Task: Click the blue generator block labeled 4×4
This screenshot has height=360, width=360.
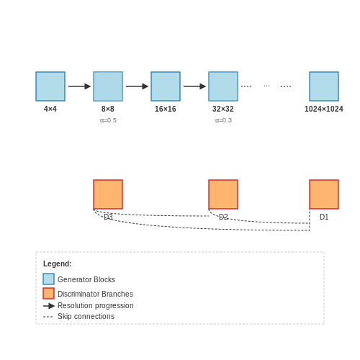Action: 50,86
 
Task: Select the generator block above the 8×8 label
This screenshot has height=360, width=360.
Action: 108,86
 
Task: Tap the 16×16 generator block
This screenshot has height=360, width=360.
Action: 166,86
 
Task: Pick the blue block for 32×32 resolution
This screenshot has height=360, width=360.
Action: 223,86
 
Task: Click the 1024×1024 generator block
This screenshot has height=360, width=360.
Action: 324,86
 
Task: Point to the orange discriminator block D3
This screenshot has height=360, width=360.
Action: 108,194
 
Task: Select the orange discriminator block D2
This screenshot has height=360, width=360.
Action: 223,194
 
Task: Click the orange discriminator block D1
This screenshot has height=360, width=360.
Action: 324,194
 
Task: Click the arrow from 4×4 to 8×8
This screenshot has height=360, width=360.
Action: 79,86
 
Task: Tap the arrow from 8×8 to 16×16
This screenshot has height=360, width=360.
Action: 137,86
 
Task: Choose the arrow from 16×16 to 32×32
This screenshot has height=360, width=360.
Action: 194,86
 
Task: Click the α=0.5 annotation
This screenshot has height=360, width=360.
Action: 108,120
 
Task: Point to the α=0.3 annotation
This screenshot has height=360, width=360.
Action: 223,120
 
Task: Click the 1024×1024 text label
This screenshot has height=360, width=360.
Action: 324,109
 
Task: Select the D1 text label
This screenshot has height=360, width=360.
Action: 324,217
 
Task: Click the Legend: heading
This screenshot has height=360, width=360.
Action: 58,264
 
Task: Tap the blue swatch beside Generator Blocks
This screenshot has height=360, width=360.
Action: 49,279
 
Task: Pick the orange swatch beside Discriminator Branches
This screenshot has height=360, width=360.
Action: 49,293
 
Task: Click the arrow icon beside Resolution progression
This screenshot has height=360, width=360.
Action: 49,306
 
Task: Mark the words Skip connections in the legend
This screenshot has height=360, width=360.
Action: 86,316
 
